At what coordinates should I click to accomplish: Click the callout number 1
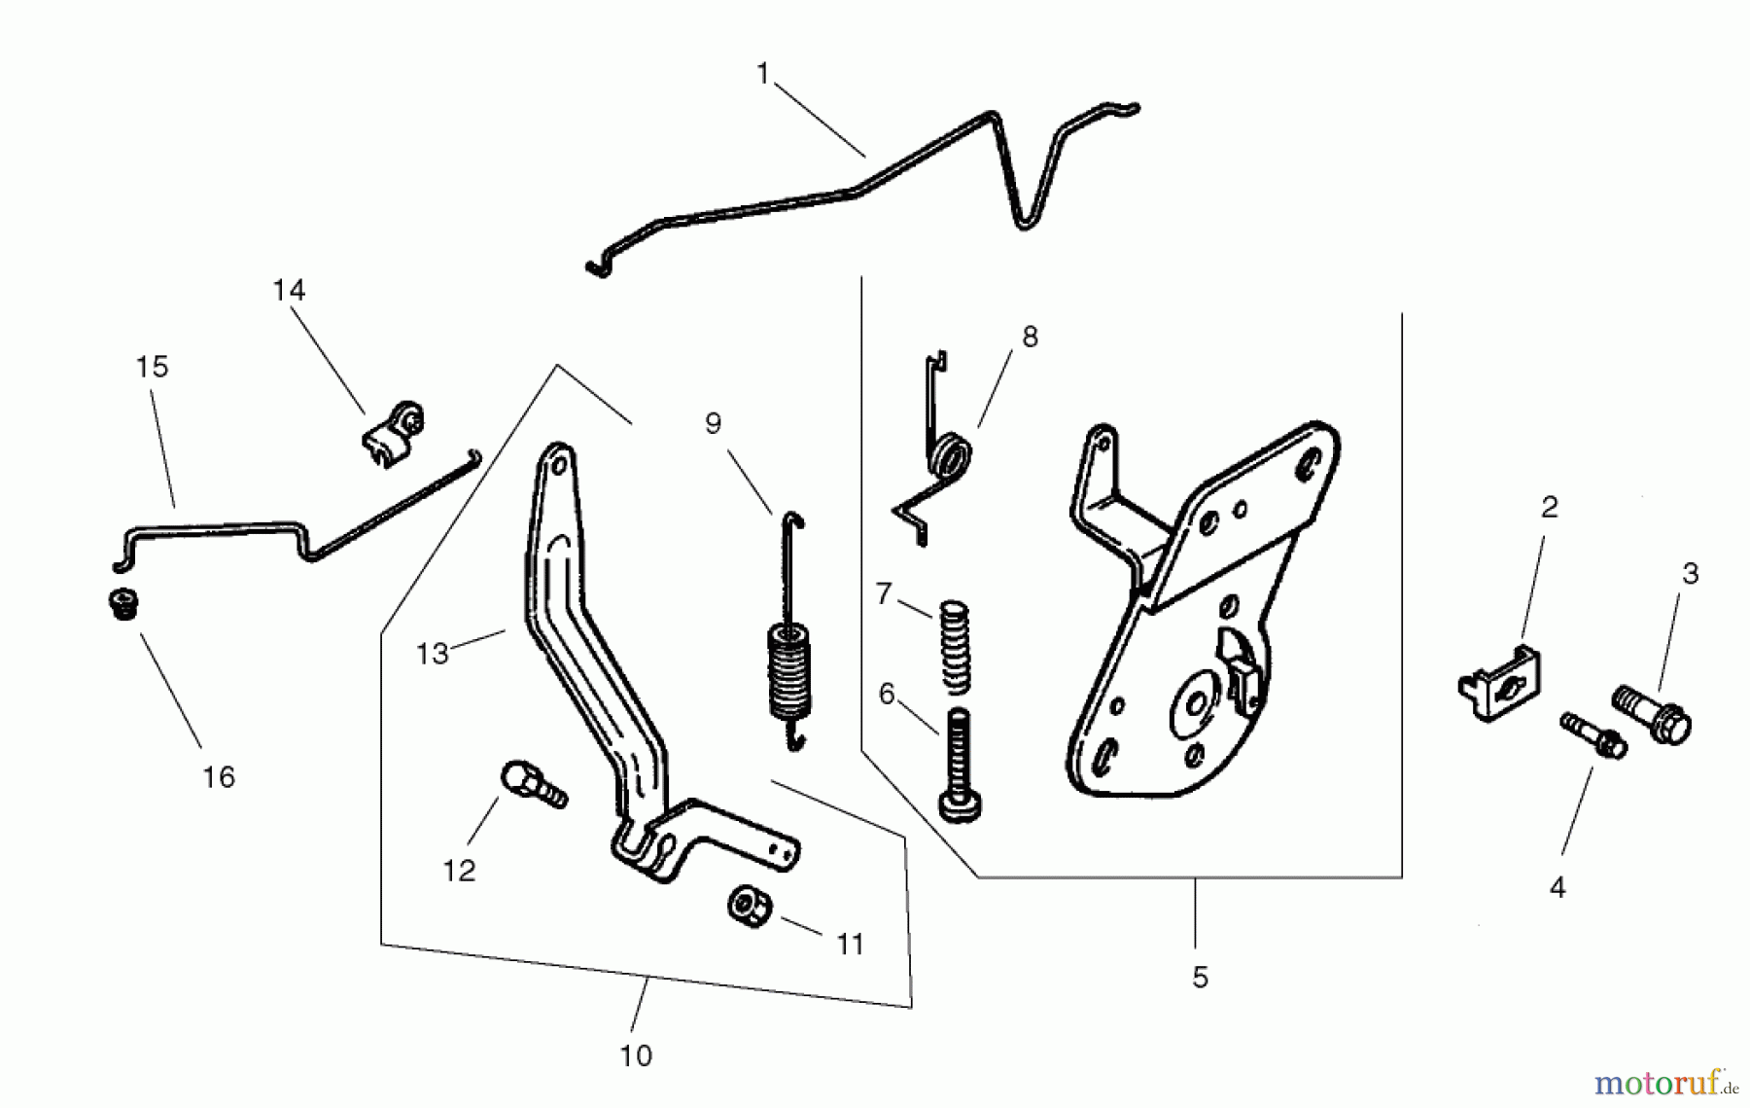point(763,74)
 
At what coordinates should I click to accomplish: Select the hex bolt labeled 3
point(1652,713)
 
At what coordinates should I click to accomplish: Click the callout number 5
point(1200,977)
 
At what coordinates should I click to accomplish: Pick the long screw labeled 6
point(957,765)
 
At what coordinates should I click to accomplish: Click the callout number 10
point(636,1055)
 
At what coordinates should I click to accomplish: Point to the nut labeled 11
point(749,907)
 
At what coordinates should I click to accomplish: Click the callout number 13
point(432,654)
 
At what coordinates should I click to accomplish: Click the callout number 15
point(152,367)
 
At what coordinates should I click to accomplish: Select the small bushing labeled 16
point(123,602)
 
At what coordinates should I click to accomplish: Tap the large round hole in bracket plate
point(1194,700)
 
